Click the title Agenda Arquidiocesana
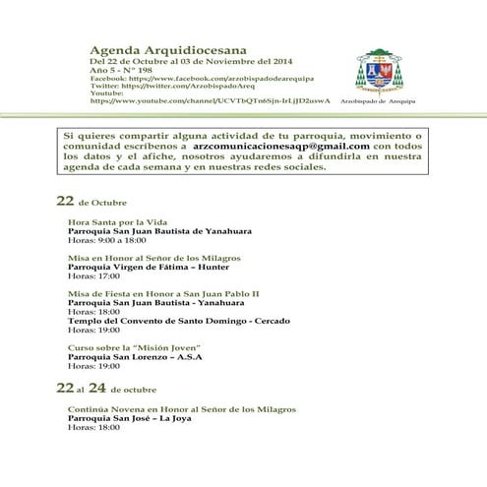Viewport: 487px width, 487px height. [168, 46]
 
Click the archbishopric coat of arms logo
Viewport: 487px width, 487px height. [379, 69]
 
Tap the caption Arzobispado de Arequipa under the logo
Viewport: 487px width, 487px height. [379, 100]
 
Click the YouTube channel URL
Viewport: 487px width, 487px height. [209, 100]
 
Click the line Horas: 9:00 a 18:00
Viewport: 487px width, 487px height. [107, 239]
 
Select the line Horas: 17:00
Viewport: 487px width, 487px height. [87, 275]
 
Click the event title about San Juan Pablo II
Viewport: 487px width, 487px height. [163, 293]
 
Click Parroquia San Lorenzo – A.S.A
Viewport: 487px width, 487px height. [134, 356]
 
